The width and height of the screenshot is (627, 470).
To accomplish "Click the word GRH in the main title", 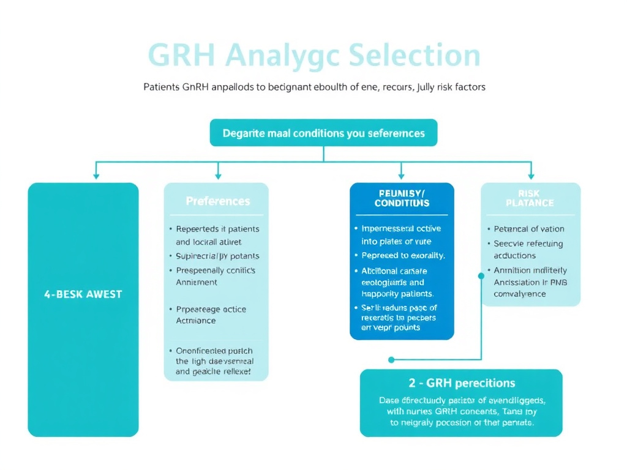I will [181, 56].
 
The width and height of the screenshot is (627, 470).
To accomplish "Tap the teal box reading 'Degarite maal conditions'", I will [323, 133].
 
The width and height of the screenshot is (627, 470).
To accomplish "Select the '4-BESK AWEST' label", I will [83, 294].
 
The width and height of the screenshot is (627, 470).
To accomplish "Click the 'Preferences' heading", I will [217, 201].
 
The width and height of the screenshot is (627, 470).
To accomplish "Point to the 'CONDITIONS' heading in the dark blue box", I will [402, 203].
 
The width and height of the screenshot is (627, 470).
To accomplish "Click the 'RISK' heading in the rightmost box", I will [530, 193].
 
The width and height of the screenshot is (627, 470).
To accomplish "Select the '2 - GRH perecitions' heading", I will [462, 383].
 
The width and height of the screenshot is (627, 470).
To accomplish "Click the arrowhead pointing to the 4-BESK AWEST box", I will [96, 176].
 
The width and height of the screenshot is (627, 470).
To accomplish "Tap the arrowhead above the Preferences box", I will [217, 176].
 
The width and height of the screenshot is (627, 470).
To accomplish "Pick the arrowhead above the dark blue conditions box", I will [401, 176].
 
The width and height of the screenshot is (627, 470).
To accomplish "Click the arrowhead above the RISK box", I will [530, 176].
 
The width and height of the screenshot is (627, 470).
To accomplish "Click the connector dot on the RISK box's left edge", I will [481, 276].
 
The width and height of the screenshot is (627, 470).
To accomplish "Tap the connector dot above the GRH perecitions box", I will [391, 360].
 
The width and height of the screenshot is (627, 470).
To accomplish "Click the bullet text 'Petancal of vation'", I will [529, 229].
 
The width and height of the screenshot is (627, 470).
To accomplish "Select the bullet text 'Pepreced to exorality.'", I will [403, 255].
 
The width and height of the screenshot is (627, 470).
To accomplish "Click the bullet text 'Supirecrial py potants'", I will [217, 256].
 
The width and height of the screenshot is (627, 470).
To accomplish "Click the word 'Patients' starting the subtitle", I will [161, 87].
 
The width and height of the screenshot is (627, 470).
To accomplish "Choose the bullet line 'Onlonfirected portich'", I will [214, 351].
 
